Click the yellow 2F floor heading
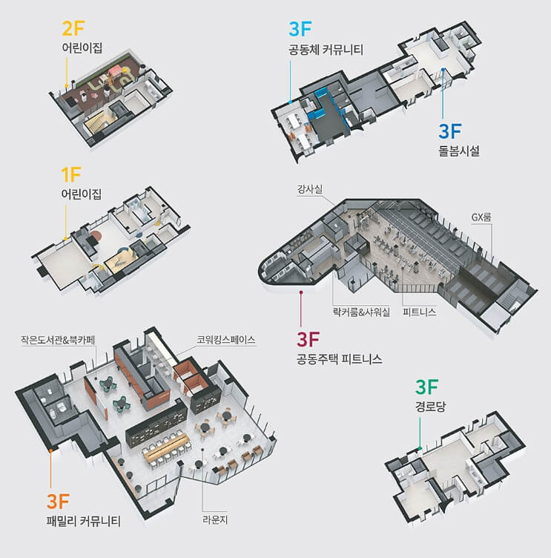coord(73,28)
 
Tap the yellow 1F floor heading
coord(70,174)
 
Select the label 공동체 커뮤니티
coord(326,49)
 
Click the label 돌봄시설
coord(458,151)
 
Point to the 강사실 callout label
coord(310,189)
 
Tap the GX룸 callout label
coord(481,217)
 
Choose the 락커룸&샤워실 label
coord(361,312)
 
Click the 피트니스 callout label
coord(420,312)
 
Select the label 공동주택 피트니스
coord(340,358)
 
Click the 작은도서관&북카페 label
coord(58,340)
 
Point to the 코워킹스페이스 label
coord(226,340)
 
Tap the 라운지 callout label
coord(215,520)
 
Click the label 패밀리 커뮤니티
coord(84,522)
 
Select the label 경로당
coord(430,407)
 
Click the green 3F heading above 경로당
coord(426,387)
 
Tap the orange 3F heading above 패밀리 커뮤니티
coord(58,502)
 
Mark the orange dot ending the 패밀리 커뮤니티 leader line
coord(51,450)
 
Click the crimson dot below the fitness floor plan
coord(301,292)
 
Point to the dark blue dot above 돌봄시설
coord(443,70)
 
